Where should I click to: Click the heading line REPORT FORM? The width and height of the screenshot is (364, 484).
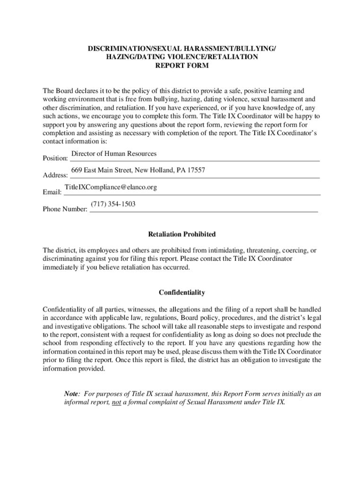pyautogui.click(x=182, y=66)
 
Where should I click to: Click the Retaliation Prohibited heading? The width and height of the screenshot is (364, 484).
pyautogui.click(x=182, y=234)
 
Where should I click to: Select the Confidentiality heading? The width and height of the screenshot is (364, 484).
pyautogui.click(x=182, y=293)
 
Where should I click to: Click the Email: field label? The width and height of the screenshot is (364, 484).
pyautogui.click(x=52, y=193)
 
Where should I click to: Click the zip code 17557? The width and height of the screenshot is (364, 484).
pyautogui.click(x=196, y=170)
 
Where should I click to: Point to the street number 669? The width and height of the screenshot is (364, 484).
pyautogui.click(x=77, y=170)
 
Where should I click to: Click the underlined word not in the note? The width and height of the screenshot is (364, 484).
pyautogui.click(x=116, y=402)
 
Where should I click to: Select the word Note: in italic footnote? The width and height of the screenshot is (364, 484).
pyautogui.click(x=72, y=394)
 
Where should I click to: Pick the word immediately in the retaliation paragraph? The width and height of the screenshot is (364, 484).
pyautogui.click(x=61, y=267)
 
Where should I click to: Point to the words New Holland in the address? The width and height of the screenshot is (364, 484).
pyautogui.click(x=155, y=170)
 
